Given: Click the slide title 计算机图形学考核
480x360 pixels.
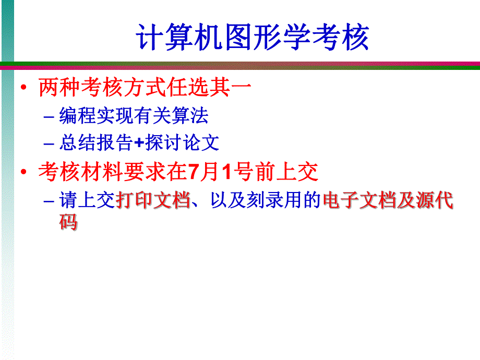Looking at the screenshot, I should (253, 37).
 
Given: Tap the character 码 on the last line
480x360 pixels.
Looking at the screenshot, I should (68, 223).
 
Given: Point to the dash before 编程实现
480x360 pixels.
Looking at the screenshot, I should (49, 116).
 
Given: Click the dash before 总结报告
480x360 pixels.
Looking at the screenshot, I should (49, 143).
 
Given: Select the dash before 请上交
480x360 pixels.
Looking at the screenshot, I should (49, 201).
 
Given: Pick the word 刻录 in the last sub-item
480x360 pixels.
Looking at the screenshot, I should (263, 200).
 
